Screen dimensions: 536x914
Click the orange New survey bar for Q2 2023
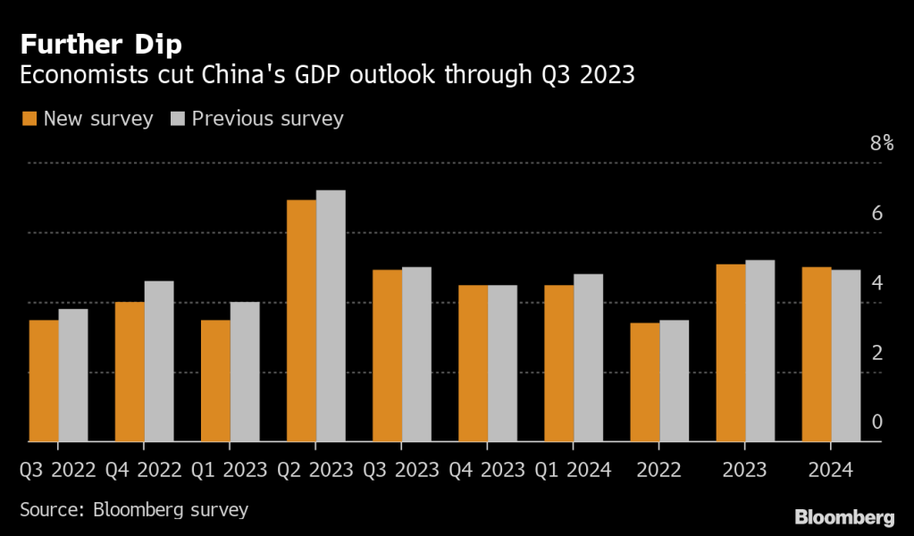(x=301, y=321)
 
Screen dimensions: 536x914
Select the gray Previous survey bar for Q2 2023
(x=331, y=316)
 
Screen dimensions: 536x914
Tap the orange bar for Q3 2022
(x=44, y=381)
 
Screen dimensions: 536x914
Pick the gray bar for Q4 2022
(x=159, y=361)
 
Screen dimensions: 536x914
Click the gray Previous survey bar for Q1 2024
(x=588, y=357)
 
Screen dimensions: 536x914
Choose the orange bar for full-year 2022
(x=645, y=381)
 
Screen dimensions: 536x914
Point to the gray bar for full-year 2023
(x=760, y=350)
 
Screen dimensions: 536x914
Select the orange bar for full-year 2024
(x=817, y=354)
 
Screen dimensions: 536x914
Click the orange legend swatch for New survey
(x=29, y=119)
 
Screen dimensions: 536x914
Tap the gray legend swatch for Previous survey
(x=177, y=119)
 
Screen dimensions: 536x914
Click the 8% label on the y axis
(x=882, y=143)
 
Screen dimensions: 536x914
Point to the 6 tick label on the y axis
(x=877, y=213)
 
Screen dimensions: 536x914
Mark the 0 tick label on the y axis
(x=877, y=422)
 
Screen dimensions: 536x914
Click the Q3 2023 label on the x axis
(x=401, y=469)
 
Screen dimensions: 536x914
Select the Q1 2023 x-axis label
(x=230, y=469)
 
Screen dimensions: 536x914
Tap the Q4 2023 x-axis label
(x=487, y=469)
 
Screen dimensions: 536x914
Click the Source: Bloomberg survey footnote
(x=134, y=510)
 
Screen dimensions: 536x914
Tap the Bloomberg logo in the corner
(x=844, y=517)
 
